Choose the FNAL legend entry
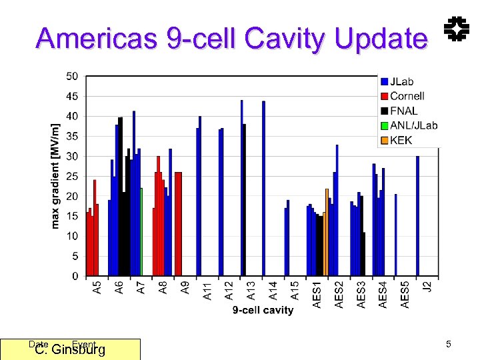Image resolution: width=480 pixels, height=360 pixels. tap(403, 111)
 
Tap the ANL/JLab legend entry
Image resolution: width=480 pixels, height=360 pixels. tap(413, 125)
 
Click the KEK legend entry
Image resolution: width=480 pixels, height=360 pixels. tap(400, 140)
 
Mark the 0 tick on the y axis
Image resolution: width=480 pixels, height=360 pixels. tap(75, 276)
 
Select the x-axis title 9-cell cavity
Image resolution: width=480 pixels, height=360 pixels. tap(263, 310)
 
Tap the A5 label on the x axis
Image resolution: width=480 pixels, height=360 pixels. tap(97, 289)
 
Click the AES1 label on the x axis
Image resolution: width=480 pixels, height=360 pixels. tap(317, 293)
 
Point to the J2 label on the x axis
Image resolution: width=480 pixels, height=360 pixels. tap(427, 287)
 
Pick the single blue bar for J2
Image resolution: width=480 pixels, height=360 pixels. tap(417, 216)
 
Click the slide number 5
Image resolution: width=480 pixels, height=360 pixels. tap(449, 344)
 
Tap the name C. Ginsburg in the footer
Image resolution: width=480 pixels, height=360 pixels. tap(70, 349)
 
